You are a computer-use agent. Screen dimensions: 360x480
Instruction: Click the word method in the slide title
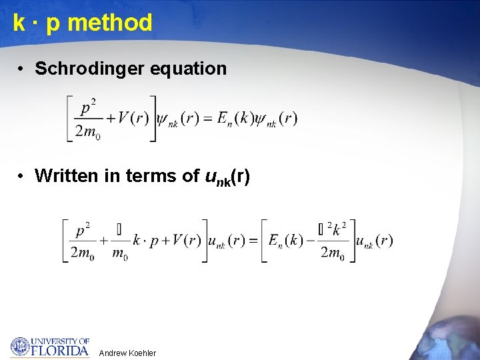click(110, 23)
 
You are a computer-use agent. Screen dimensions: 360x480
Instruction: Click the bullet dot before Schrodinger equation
click(22, 68)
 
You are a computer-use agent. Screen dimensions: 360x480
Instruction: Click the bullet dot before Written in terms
click(22, 175)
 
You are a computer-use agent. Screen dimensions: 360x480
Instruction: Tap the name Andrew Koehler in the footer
click(127, 353)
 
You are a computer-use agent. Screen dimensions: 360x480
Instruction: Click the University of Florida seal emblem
click(20, 347)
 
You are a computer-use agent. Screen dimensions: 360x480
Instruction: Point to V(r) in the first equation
click(133, 119)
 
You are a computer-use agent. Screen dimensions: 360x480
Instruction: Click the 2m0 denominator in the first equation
click(87, 131)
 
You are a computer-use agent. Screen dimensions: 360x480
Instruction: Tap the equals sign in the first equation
click(207, 119)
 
